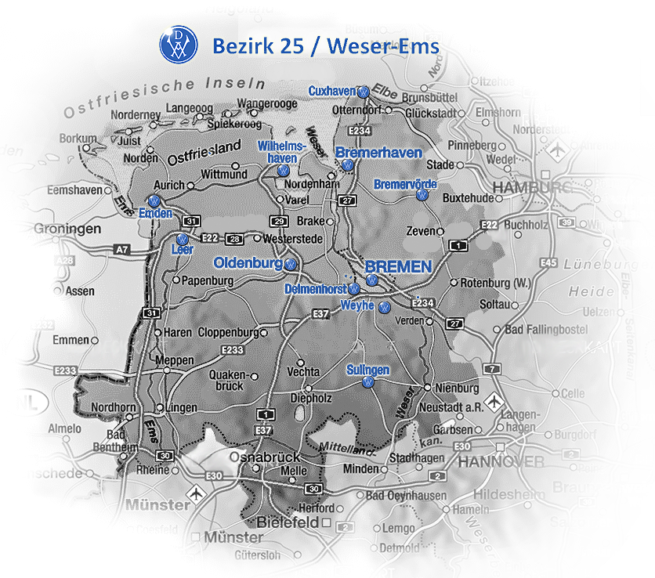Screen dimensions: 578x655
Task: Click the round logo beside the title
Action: point(179,45)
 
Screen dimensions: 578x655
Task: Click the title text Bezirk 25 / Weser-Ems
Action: point(325,46)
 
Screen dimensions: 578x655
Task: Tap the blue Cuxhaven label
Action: point(331,92)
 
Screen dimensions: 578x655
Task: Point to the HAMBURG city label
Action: point(534,187)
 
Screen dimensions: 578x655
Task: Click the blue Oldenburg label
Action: point(248,263)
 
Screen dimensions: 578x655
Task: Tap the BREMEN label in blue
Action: point(398,267)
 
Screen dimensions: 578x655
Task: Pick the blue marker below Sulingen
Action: point(367,382)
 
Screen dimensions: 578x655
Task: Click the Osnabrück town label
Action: point(265,457)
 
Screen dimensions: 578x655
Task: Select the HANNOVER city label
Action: point(501,461)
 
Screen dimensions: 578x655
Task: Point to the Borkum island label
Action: point(78,139)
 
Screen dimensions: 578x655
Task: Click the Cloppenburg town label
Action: point(228,331)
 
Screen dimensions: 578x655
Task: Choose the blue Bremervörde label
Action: point(405,184)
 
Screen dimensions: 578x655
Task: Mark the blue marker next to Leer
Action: point(182,238)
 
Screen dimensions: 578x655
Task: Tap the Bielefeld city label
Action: point(288,522)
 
